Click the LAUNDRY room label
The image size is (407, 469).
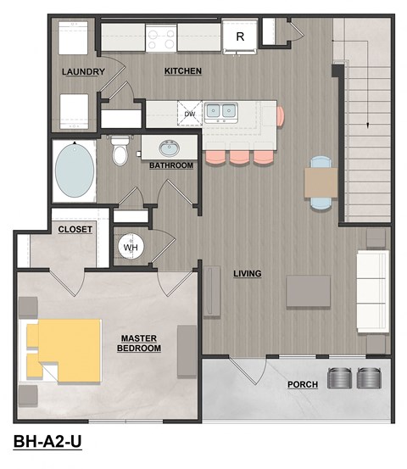(83, 72)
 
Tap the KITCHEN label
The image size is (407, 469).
(182, 71)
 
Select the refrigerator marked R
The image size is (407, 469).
(240, 36)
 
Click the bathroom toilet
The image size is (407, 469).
(120, 151)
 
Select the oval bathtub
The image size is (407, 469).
(75, 169)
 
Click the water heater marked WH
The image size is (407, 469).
(130, 247)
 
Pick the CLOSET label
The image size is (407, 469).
(75, 229)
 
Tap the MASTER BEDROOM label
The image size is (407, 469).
(138, 343)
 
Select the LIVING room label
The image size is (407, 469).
(247, 273)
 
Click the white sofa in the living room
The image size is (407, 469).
(371, 291)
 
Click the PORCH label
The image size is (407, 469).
(302, 384)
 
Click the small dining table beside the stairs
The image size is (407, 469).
(321, 181)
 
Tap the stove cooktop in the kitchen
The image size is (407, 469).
(161, 36)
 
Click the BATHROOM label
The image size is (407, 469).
(171, 165)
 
